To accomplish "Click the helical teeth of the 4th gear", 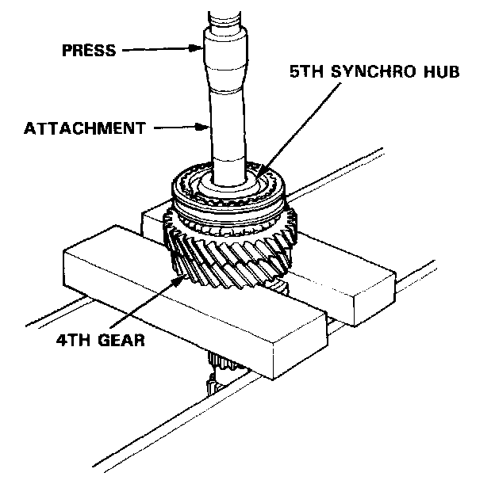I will [238, 246].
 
